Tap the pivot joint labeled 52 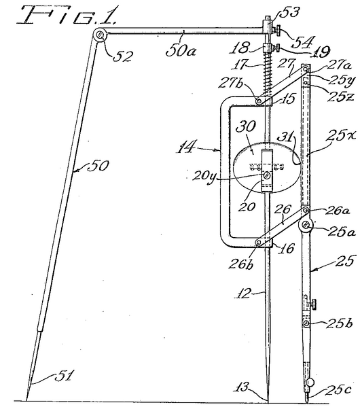point(100,34)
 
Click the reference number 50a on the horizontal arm point(181,50)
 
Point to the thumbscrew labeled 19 point(277,48)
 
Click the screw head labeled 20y point(266,176)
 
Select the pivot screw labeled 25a point(306,226)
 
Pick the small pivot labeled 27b point(258,101)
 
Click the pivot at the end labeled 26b point(259,243)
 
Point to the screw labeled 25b point(306,323)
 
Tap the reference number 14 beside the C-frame point(186,147)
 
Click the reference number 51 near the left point point(64,376)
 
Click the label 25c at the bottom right point(338,389)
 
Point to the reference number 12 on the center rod point(243,294)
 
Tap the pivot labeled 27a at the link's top point(305,69)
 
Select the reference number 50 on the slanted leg point(98,166)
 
